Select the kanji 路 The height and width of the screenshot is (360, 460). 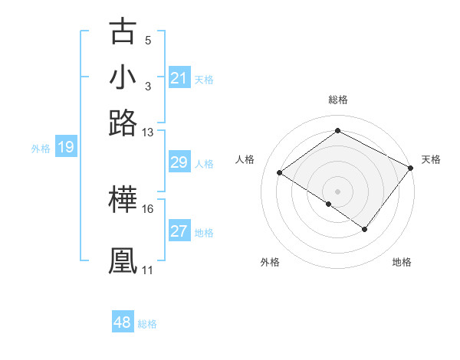click(123, 123)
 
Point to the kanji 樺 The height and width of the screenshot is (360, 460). click(123, 200)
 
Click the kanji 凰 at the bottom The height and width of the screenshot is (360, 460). click(123, 260)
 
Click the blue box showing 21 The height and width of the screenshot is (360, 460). click(179, 78)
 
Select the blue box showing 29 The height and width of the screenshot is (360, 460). click(179, 163)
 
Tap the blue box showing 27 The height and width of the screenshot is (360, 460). click(179, 232)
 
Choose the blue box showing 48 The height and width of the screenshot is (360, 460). click(123, 322)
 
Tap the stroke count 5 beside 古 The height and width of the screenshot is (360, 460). click(148, 40)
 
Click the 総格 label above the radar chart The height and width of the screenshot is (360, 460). click(337, 100)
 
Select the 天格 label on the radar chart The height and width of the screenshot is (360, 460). click(431, 159)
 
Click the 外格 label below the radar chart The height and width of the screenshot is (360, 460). click(270, 263)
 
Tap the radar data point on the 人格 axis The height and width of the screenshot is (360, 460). click(280, 172)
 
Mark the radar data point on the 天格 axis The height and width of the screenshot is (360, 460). click(410, 169)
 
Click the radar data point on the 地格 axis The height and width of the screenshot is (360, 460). click(365, 229)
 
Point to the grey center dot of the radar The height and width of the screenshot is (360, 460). click(337, 190)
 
